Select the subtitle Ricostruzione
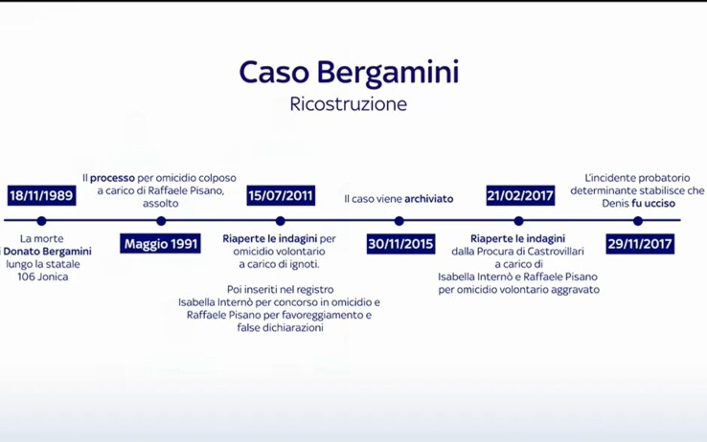point(348,104)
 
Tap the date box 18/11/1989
point(41,195)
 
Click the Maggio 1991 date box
point(161,244)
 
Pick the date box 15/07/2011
point(281,195)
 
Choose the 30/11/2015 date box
point(400,244)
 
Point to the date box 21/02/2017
point(520,195)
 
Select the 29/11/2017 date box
point(640,244)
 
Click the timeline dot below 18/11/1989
point(41,221)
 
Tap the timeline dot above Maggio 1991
point(161,221)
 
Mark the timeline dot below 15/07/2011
point(280,221)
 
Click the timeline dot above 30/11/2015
point(399,221)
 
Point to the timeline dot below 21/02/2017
point(518,221)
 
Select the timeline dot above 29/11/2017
point(638,221)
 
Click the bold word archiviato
point(429,199)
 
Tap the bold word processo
point(112,178)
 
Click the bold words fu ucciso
point(653,203)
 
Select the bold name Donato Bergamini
point(47,252)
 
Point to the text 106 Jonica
point(43,276)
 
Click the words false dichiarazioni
point(280,328)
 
